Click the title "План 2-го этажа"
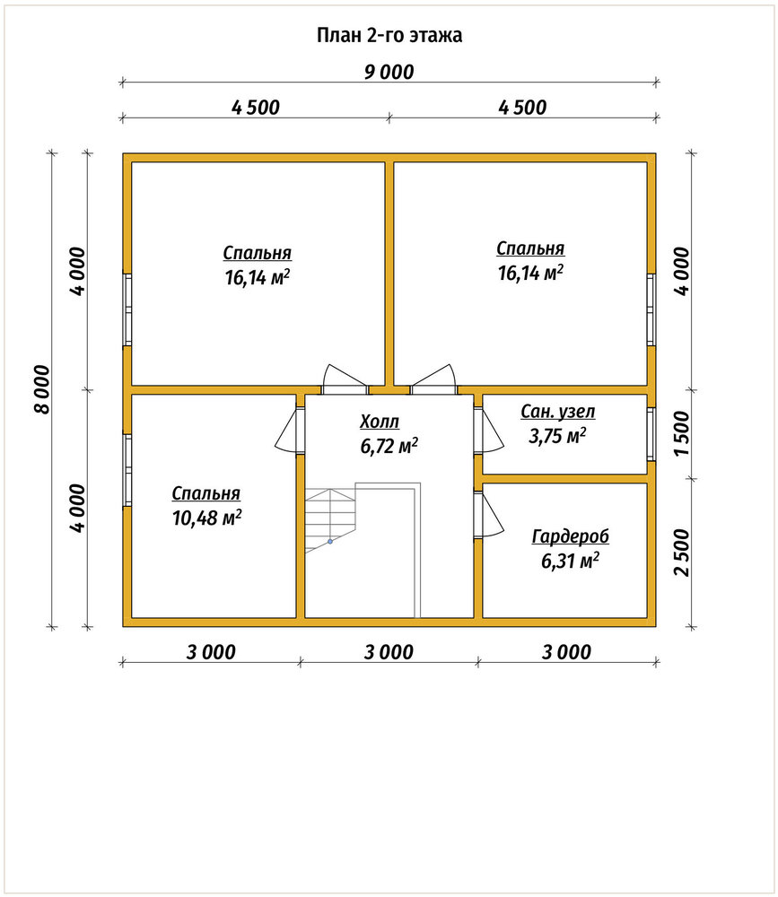point(389,36)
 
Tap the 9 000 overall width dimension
point(389,72)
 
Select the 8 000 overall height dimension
point(42,389)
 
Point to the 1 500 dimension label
point(682,433)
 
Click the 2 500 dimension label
point(682,552)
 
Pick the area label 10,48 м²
point(206,518)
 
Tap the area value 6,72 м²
point(389,446)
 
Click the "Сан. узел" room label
point(558,412)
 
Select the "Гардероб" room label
point(570,536)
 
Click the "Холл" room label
point(380,422)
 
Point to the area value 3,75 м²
point(557,437)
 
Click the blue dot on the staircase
point(330,541)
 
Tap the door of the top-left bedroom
point(344,379)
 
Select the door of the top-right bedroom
point(433,379)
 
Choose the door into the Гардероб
point(488,515)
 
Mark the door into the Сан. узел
point(488,431)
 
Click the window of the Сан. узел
point(651,433)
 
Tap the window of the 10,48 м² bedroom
point(127,470)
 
